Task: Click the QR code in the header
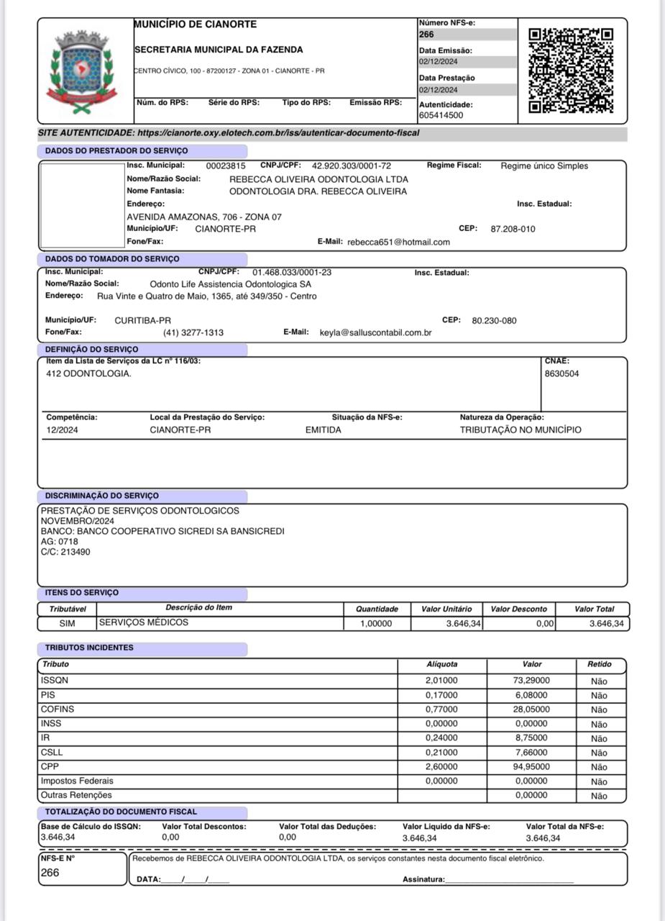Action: click(x=571, y=71)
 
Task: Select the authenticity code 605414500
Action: click(x=441, y=115)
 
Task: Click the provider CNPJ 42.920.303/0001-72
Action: click(x=351, y=165)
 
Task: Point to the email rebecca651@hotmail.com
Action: click(x=398, y=242)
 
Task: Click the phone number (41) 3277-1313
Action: click(x=193, y=333)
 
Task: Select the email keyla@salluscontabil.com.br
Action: click(x=375, y=333)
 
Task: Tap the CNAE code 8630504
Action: click(x=561, y=374)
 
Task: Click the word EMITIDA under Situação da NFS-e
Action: click(x=324, y=430)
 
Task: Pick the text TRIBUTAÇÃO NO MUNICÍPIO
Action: click(x=520, y=430)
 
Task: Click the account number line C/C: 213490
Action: click(x=65, y=553)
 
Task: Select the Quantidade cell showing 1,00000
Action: click(x=377, y=624)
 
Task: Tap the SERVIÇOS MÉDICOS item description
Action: click(x=144, y=622)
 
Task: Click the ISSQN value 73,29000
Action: click(x=532, y=681)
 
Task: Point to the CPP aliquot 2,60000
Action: click(x=441, y=767)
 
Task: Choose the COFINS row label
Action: click(x=58, y=709)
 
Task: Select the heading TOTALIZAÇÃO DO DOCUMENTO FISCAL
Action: click(x=121, y=812)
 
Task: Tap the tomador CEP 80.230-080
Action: click(x=494, y=321)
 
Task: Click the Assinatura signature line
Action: click(x=509, y=880)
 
